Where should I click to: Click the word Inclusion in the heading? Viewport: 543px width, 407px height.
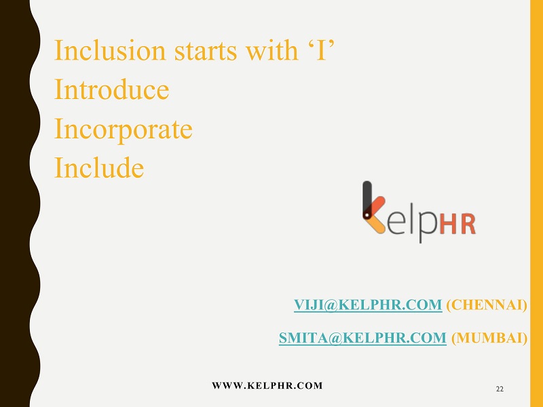point(110,50)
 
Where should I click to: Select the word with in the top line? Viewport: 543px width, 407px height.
point(272,50)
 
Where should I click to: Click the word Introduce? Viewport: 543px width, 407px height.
point(111,90)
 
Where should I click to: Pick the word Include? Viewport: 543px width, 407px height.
point(99,168)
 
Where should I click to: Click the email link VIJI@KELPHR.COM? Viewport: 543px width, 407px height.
point(368,305)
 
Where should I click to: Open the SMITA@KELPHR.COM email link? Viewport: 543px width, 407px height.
point(362,338)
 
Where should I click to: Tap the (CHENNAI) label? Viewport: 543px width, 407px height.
point(487,305)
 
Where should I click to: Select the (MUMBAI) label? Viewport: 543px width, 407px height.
point(489,338)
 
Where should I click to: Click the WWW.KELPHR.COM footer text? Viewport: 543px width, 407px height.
point(267,385)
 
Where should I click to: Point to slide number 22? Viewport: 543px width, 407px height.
point(500,389)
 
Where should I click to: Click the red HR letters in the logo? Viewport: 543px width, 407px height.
point(457,225)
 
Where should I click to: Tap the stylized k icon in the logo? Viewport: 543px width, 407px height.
point(373,207)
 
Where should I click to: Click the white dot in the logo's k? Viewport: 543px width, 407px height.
point(367,215)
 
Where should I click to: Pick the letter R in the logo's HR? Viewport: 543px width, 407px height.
point(468,225)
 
